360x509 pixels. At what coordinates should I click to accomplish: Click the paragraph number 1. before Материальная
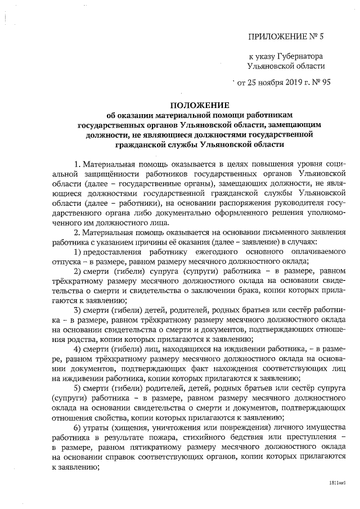click(78, 164)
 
